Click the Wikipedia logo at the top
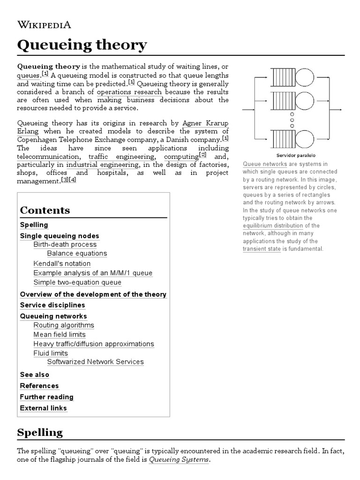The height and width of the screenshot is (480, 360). pos(44,25)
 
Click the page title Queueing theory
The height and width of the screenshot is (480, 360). pos(82,45)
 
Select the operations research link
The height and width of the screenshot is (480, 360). pos(129,92)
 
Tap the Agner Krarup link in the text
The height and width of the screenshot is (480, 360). pos(205,123)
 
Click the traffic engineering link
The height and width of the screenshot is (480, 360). pos(121,157)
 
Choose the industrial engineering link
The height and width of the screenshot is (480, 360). pos(102,165)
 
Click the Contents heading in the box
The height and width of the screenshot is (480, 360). pos(45,210)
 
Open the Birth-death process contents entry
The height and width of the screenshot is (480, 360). pos(65,244)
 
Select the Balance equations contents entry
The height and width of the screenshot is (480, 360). pos(77,254)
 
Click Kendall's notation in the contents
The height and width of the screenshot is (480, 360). pos(62,263)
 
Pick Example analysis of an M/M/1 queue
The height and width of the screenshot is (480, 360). pos(93,273)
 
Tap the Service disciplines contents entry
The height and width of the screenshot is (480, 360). pos(52,305)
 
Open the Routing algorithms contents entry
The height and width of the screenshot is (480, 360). pos(64,325)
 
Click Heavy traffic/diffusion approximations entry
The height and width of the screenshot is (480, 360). pos(94,344)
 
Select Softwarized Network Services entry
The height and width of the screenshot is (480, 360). pos(96,362)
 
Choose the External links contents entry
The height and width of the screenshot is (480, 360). pos(44,408)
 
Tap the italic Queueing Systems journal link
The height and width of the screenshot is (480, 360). pos(179,460)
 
